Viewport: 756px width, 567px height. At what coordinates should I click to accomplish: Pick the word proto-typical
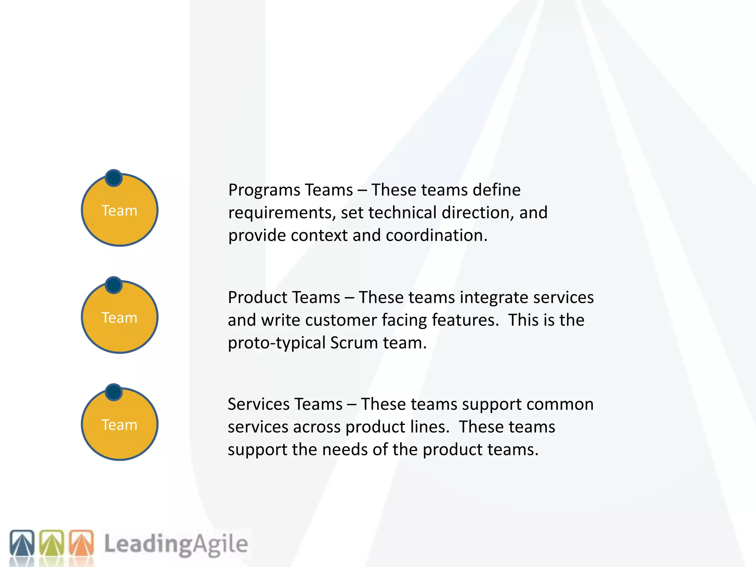pos(276,343)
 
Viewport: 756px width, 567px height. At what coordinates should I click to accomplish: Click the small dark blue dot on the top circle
pos(114,178)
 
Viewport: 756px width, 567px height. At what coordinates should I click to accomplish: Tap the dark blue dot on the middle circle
pos(114,285)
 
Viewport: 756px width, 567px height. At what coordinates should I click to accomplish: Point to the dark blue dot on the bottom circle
pos(114,392)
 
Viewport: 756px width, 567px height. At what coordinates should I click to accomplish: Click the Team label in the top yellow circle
pos(120,211)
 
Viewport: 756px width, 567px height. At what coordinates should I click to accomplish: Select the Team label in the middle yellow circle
pos(120,318)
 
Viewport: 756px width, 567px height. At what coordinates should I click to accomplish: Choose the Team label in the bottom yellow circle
pos(120,425)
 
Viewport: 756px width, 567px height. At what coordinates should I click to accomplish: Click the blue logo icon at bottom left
pos(22,543)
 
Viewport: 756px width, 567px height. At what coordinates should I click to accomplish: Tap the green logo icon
pos(52,543)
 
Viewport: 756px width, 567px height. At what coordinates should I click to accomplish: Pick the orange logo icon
pos(81,543)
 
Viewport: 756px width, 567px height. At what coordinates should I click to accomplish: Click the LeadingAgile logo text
pos(176,544)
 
